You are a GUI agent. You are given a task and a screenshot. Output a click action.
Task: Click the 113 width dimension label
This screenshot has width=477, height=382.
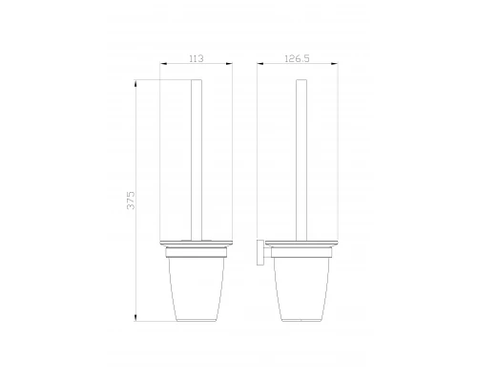pos(197,58)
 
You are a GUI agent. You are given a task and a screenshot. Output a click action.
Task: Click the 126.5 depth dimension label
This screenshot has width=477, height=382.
pos(297,58)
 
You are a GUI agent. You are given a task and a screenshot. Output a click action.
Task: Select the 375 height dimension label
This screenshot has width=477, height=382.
pos(131,201)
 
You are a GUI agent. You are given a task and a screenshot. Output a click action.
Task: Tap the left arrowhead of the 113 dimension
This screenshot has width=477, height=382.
pos(163,64)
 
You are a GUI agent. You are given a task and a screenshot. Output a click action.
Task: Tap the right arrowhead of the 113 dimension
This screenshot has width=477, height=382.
pos(229,64)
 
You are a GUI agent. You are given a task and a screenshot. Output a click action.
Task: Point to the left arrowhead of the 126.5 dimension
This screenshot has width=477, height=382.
pos(260,64)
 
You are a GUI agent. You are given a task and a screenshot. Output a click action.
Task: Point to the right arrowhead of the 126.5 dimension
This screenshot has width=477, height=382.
pos(334,64)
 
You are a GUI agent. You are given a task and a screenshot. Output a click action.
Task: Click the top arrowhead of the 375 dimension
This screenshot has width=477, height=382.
pos(135,83)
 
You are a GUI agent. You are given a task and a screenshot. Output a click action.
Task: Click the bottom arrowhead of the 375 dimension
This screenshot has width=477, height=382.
pos(135,317)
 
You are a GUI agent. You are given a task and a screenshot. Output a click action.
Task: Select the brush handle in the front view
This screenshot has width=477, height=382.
pos(197,160)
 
